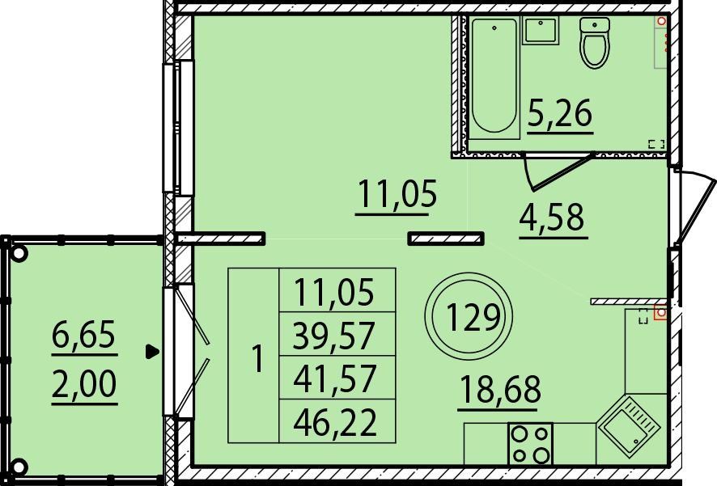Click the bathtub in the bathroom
(494, 78)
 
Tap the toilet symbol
(595, 43)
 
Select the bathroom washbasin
(541, 30)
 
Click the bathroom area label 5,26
(560, 113)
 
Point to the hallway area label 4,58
(552, 218)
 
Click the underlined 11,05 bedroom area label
(397, 195)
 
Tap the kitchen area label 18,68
(500, 389)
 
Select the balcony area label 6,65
(84, 334)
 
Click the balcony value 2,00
(85, 384)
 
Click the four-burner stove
(530, 443)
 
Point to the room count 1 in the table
(258, 359)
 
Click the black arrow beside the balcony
(152, 352)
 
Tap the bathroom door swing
(558, 171)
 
